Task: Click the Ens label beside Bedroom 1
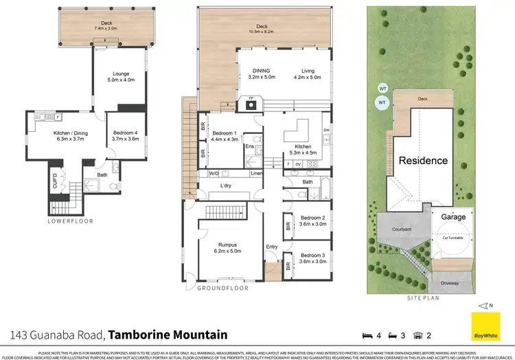coord(250,146)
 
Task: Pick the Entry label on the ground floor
coord(273,247)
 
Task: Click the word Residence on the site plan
coord(424,161)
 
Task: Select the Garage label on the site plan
coord(453,217)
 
